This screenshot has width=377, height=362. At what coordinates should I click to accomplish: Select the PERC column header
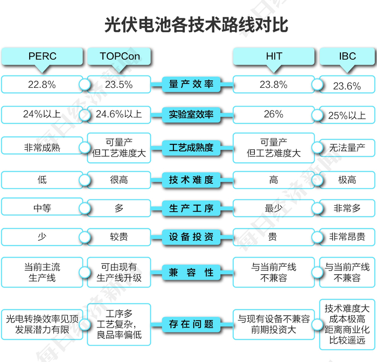coord(42,56)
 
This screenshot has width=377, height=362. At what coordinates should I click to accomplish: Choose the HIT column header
coord(274,56)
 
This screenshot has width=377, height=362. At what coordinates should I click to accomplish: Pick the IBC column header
coord(347,56)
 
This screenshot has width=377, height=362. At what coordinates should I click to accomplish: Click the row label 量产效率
coord(191,85)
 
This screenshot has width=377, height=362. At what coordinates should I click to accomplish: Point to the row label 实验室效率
coord(191,115)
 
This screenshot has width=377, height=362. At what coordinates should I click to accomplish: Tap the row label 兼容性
coord(191,273)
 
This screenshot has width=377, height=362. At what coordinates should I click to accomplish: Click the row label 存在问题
coord(191,324)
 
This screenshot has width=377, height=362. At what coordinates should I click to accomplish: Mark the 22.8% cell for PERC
coord(42,85)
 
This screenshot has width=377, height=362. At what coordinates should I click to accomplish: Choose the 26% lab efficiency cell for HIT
coord(274,114)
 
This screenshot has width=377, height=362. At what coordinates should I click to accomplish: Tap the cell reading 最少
coord(274,208)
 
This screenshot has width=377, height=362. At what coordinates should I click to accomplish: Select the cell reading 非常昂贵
coord(347,237)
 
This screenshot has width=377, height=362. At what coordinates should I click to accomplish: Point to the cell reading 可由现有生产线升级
coord(119,273)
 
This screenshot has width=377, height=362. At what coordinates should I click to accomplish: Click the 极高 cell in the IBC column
coord(347,180)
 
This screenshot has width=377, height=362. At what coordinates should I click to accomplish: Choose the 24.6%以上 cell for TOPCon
coord(119,114)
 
